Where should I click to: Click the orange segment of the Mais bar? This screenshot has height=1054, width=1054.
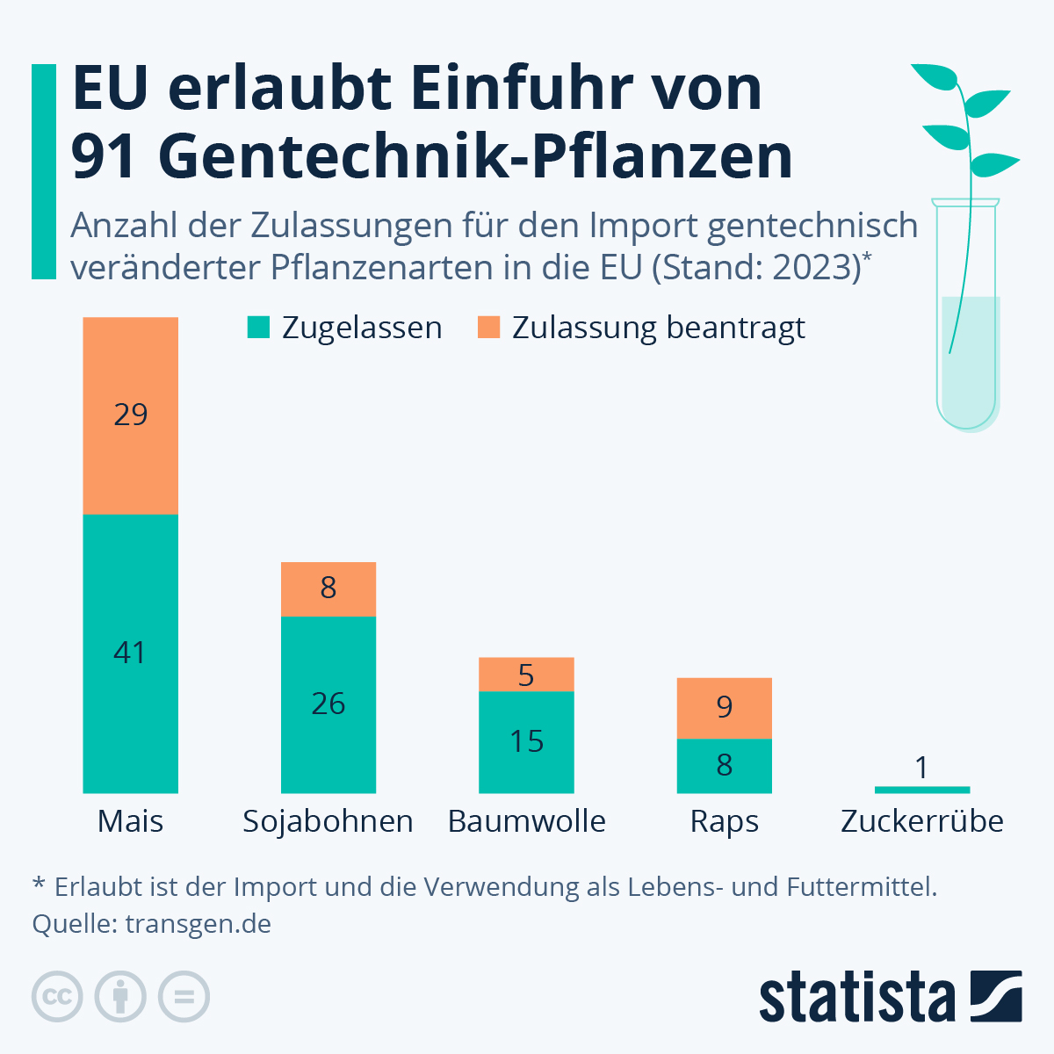130,415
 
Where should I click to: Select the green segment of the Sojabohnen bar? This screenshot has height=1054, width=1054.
328,704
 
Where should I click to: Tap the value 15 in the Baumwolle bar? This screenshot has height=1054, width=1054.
526,741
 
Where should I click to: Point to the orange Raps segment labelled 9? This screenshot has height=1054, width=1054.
724,707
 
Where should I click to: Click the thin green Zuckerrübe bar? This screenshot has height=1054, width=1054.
921,790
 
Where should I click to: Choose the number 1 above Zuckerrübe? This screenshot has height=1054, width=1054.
921,768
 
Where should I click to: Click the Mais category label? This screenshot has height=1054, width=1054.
130,821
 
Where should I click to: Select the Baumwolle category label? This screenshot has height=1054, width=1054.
526,821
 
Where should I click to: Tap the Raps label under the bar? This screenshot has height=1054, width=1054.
724,821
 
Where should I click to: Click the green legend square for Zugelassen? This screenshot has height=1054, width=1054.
258,328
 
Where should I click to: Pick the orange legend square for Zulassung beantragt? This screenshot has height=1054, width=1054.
488,328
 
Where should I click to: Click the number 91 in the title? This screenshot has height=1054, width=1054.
105,156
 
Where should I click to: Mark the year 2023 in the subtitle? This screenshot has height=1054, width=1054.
815,267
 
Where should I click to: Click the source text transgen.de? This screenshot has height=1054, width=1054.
198,924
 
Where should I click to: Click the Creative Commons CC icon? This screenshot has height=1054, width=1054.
57,997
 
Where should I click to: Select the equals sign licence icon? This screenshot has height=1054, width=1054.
184,997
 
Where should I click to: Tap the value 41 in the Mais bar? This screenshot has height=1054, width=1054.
130,653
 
